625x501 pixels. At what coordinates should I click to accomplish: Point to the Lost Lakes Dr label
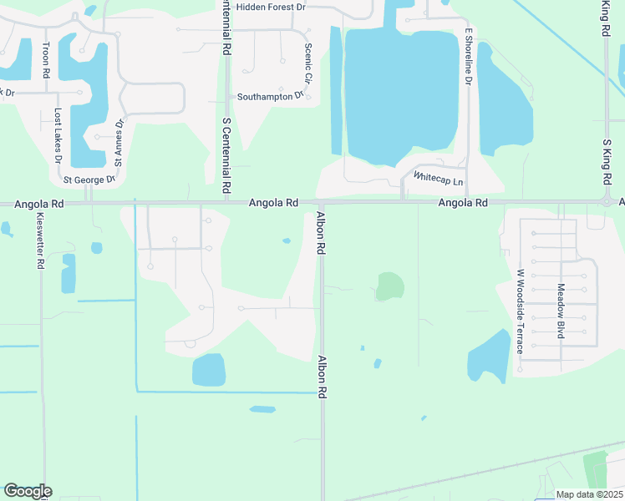click(58, 134)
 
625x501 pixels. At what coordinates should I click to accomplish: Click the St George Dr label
click(89, 180)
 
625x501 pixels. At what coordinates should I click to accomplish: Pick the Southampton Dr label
click(270, 96)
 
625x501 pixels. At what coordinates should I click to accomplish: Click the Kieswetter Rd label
click(40, 240)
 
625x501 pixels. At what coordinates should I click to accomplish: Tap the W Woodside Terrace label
click(519, 311)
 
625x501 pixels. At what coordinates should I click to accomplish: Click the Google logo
click(28, 491)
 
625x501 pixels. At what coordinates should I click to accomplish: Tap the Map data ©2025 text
click(589, 494)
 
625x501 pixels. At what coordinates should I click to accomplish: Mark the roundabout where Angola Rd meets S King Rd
click(607, 201)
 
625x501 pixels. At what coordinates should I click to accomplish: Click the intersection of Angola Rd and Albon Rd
click(321, 202)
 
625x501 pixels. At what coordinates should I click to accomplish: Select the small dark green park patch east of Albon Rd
click(389, 286)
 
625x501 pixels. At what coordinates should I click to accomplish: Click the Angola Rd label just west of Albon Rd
click(273, 203)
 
